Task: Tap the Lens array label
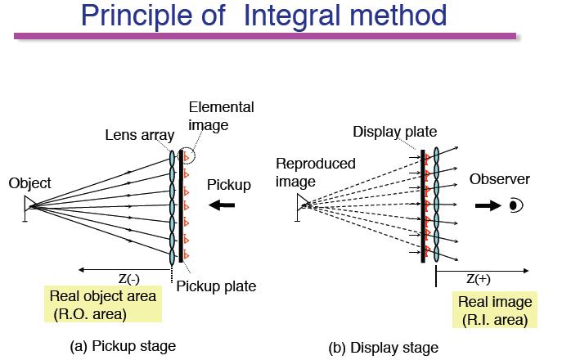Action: tap(140, 135)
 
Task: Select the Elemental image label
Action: tap(221, 116)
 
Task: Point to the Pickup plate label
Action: tap(216, 286)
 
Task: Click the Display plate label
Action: tap(394, 132)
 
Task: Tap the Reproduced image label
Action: tap(316, 173)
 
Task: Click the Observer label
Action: tap(500, 179)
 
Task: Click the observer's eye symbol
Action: tap(516, 205)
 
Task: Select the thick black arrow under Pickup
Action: tap(222, 205)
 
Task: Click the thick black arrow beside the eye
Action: tap(488, 205)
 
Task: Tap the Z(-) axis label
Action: tap(128, 279)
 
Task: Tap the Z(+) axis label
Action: tap(478, 279)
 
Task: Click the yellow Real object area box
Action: tap(103, 304)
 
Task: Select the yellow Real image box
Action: tap(495, 310)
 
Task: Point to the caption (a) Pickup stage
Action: tap(123, 346)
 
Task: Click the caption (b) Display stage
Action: tap(383, 348)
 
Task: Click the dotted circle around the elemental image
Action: tap(195, 155)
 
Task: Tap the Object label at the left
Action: tap(29, 183)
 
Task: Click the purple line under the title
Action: tap(265, 36)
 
